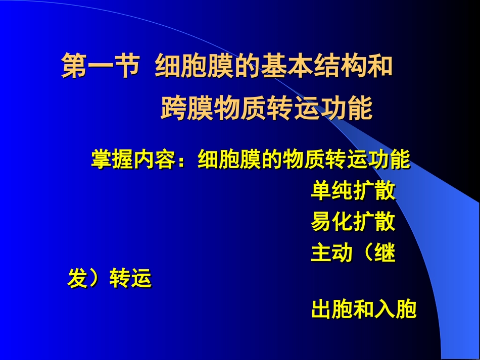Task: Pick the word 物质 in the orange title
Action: tap(240, 108)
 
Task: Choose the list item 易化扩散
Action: tap(353, 222)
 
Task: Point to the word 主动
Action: tap(331, 253)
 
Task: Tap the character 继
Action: tap(385, 253)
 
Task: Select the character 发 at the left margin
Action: tap(78, 279)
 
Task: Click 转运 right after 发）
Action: tap(130, 279)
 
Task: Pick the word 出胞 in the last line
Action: tap(331, 309)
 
